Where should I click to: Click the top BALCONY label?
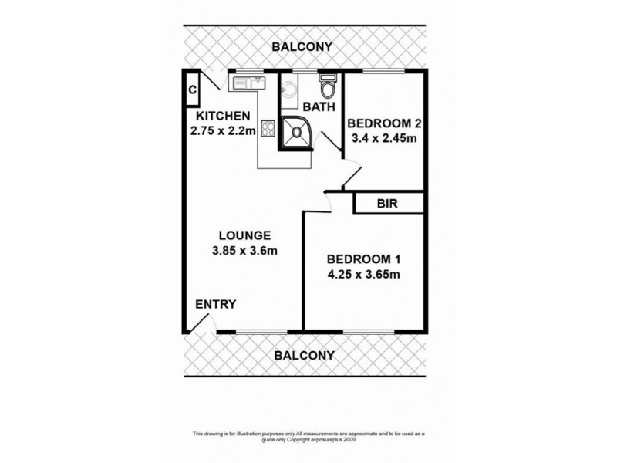tap(303, 48)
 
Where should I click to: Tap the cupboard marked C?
tap(191, 90)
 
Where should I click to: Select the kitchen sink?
tap(251, 83)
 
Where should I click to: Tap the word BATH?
tap(319, 106)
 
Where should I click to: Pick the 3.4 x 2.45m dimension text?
tap(383, 139)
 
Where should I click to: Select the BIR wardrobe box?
tap(388, 204)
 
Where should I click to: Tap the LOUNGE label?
tap(243, 235)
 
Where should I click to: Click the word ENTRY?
tap(215, 305)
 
